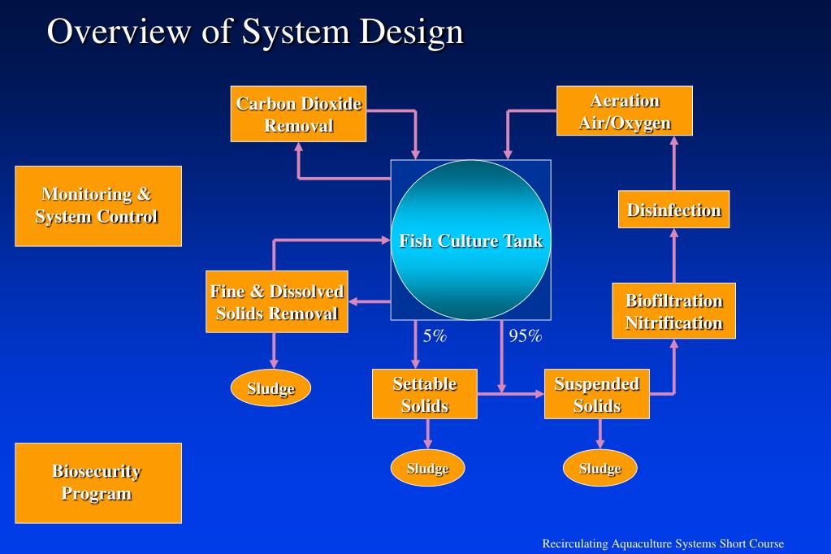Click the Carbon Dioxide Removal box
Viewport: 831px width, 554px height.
coord(298,114)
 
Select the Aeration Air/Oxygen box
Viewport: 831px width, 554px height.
coord(624,111)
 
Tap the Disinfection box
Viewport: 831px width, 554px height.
coord(673,210)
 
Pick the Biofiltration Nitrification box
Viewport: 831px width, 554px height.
coord(673,311)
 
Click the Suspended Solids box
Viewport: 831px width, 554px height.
coord(596,395)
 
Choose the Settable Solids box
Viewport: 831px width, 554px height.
coord(424,395)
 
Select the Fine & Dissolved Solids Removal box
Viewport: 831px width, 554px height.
coord(276,302)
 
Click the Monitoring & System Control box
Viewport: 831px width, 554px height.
coord(97,206)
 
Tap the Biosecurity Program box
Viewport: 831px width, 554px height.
coord(97,483)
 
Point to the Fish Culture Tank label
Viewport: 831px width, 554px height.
coord(470,240)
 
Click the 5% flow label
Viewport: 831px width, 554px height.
coord(435,336)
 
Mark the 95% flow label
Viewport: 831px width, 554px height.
coord(525,336)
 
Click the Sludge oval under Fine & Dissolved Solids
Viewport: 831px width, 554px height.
coord(271,388)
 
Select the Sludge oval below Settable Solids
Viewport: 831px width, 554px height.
coord(427,468)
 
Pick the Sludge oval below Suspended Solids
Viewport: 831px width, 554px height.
coord(599,468)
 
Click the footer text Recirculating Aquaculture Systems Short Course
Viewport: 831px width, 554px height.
coord(663,543)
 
